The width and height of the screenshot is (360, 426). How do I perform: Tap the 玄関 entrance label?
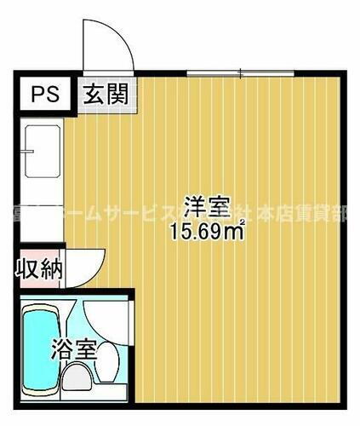pos(106,94)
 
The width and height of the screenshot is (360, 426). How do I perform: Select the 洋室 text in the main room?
pos(207,207)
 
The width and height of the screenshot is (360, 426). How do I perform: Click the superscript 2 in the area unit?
pos(243,223)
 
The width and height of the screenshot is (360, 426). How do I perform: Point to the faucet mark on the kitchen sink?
pos(27,153)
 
